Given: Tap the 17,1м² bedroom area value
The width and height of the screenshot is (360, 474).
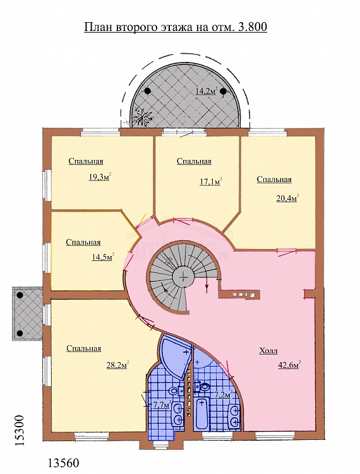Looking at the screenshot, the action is tap(211, 181).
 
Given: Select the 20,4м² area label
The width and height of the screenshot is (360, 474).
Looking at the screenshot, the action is tap(287, 198).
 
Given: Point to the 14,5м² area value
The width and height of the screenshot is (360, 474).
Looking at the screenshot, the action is tap(103, 257).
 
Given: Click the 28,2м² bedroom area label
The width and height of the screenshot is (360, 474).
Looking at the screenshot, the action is tap(117, 365).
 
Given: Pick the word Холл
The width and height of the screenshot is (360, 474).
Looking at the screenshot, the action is tap(268, 351).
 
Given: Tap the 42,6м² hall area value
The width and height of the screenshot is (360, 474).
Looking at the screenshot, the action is tap(289, 365).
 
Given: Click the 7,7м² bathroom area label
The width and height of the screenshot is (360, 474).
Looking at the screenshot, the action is tap(162, 405).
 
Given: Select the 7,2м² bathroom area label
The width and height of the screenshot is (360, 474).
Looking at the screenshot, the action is tap(223, 394).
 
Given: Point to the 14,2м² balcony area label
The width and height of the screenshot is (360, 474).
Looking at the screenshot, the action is tap(207, 90).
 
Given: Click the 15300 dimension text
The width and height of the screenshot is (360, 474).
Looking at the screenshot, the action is tap(20, 431).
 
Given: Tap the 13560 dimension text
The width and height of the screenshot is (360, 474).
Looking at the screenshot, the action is tap(64, 463).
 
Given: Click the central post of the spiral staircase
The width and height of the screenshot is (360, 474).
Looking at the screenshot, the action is tap(183, 276).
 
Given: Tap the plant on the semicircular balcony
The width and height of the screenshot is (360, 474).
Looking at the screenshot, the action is tap(143, 117).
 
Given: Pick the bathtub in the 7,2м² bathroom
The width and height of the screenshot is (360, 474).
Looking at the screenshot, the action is tap(201, 413).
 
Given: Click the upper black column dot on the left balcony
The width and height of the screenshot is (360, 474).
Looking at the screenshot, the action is tap(20, 295).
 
